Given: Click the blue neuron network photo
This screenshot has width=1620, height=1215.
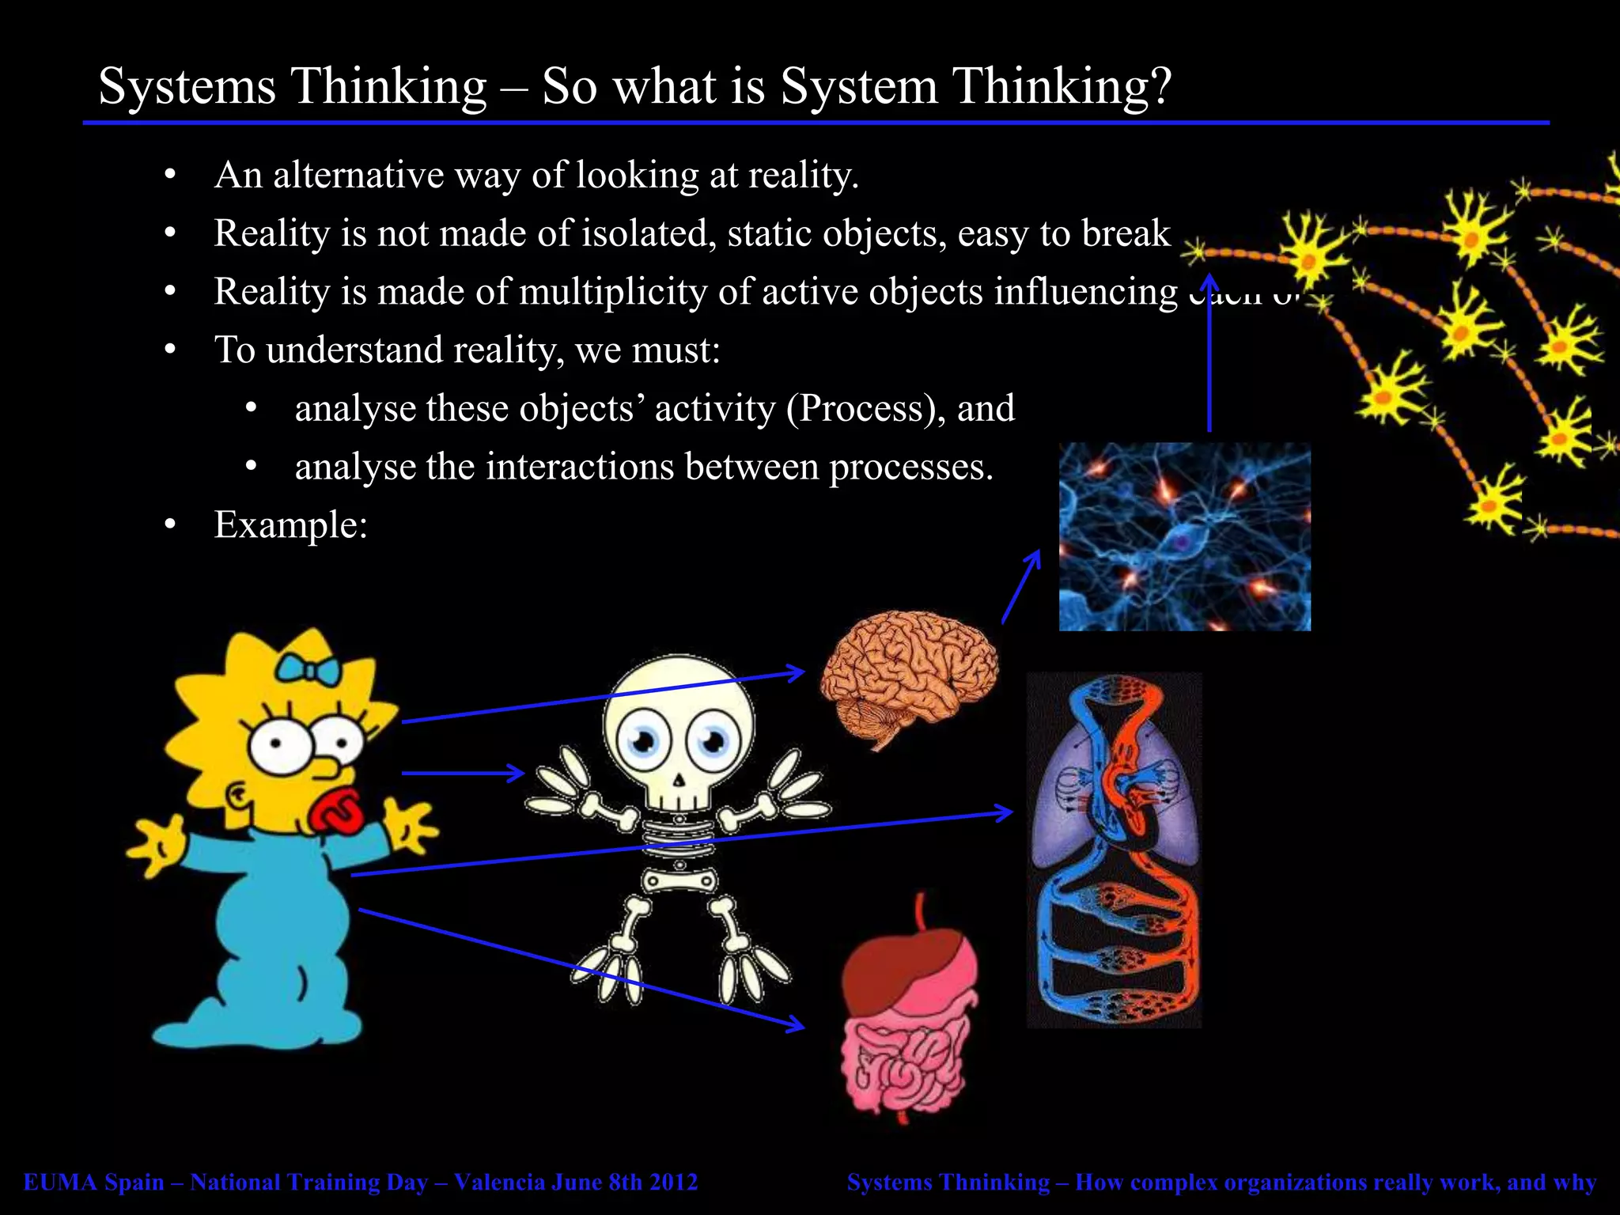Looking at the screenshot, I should click(1184, 536).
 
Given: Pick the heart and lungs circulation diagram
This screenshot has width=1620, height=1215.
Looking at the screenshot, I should click(1114, 850).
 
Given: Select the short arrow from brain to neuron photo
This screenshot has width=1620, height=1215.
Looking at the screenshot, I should click(1020, 587).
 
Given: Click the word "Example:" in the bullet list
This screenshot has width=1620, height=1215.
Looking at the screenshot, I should click(291, 524).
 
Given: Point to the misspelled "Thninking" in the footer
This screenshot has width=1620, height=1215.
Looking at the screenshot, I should click(998, 1182).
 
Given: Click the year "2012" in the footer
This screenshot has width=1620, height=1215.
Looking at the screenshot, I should click(672, 1182).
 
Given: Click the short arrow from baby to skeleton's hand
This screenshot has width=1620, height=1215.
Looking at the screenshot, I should click(463, 773).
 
